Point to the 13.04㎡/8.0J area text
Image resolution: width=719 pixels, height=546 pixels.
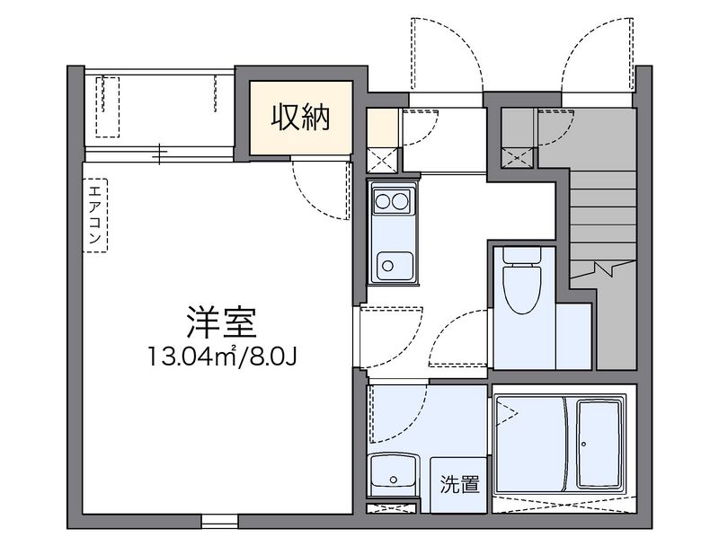click(223, 357)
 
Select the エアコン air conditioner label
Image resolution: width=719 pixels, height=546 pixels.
click(93, 216)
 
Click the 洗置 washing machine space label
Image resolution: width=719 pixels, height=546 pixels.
click(459, 484)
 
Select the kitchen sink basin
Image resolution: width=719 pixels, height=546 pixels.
click(393, 265)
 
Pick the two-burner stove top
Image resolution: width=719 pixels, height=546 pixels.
click(393, 200)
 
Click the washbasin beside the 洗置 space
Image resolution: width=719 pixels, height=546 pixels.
click(391, 473)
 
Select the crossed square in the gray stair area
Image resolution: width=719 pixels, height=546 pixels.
click(519, 159)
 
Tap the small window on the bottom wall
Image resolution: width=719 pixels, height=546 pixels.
click(218, 519)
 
